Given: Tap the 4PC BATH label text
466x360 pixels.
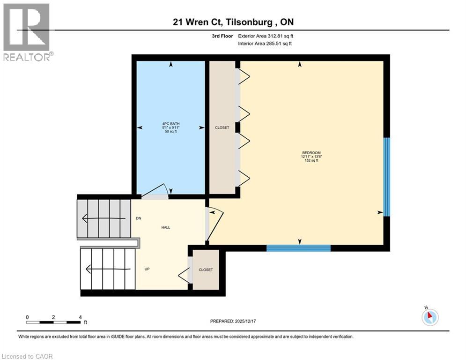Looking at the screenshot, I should (x=170, y=124).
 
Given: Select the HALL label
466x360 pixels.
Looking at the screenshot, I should (x=166, y=227).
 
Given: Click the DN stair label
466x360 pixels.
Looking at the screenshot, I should (x=139, y=218).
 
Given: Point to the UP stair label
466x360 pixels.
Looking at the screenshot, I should (x=147, y=270).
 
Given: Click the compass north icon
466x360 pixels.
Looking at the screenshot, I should (x=429, y=317).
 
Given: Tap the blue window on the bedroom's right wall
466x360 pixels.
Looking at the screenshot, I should (x=386, y=177).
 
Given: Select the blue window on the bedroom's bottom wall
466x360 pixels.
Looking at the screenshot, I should (x=298, y=248).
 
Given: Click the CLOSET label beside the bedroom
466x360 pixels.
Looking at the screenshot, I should (x=222, y=127).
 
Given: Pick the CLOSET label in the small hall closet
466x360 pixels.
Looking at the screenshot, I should (x=206, y=270).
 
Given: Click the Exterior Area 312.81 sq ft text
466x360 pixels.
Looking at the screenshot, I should (x=266, y=36).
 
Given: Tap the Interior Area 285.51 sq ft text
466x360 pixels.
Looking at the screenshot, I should (x=265, y=44).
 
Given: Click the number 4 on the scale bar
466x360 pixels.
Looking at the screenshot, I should (x=80, y=317).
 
